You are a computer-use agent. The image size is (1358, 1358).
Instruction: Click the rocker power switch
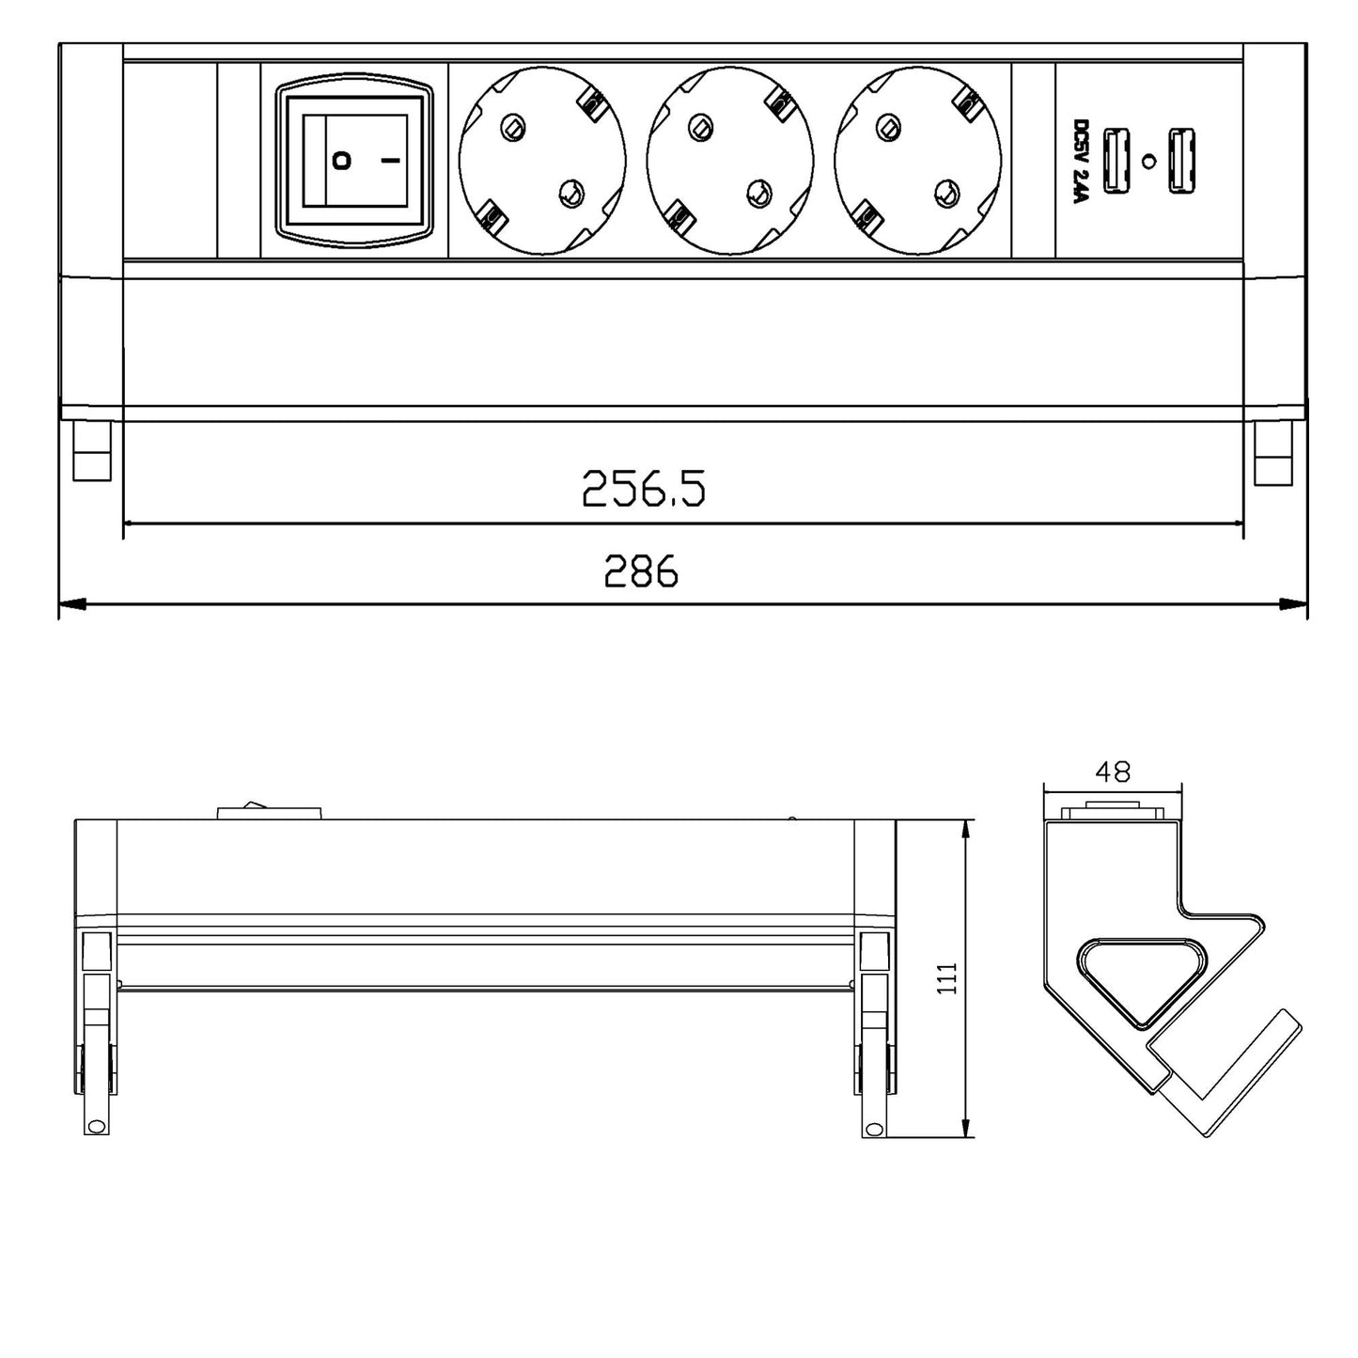354,161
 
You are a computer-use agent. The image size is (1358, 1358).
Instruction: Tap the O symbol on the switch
342,161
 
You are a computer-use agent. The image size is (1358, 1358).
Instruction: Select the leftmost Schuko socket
541,161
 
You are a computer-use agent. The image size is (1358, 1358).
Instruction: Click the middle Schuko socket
729,161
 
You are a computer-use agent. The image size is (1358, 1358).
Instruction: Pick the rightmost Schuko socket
916,161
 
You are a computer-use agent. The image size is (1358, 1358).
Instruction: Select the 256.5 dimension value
643,489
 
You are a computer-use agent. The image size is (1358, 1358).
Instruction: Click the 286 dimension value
641,570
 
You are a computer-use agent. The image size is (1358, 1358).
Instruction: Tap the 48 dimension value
1113,773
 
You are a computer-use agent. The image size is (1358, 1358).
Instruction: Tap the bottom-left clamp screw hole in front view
94,1126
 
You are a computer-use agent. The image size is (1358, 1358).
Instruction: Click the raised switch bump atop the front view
270,811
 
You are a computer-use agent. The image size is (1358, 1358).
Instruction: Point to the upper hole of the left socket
512,127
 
